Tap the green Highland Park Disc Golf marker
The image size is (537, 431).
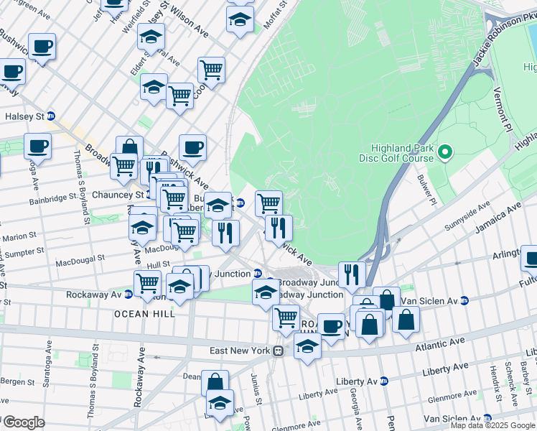click(444, 152)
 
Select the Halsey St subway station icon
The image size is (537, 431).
click(51, 116)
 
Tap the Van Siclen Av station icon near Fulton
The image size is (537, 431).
click(464, 300)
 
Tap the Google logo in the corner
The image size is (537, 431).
click(24, 422)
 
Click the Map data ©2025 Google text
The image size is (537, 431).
click(492, 425)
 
